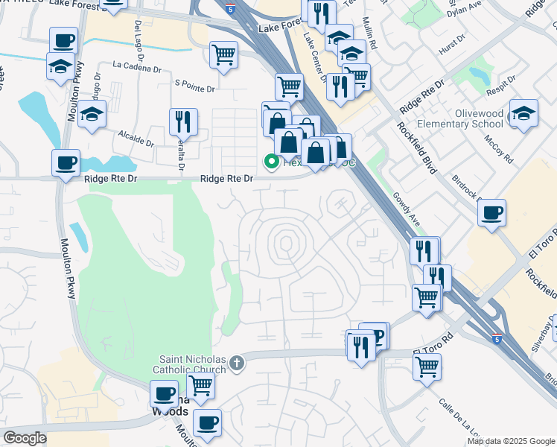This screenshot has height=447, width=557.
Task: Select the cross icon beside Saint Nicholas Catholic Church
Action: [x=237, y=363]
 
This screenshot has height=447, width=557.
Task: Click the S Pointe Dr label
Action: [x=194, y=88]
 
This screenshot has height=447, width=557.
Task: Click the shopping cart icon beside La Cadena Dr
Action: [x=223, y=54]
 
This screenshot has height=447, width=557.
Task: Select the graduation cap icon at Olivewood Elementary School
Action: [x=523, y=112]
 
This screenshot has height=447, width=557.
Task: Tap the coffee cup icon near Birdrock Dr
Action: [x=492, y=212]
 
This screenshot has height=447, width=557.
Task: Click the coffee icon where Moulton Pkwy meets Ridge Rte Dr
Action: [x=66, y=162]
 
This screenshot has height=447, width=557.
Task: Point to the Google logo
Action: [x=25, y=438]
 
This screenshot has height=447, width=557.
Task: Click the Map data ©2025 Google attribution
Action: [x=510, y=441]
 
